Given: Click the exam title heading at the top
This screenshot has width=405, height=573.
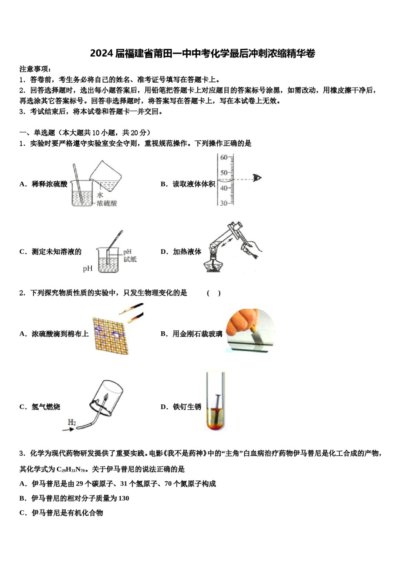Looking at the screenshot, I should [x=202, y=54].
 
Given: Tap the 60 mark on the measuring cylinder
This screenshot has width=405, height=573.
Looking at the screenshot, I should [x=224, y=158].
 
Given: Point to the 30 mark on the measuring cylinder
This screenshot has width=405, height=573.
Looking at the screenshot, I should [x=224, y=203].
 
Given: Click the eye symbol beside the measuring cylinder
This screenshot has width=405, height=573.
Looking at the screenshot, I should [x=257, y=178].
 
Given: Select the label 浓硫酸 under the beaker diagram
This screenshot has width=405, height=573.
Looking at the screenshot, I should [x=107, y=204].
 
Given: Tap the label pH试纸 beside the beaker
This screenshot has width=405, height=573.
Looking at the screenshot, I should [x=130, y=255].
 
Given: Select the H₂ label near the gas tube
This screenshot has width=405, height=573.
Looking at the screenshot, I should [x=72, y=422].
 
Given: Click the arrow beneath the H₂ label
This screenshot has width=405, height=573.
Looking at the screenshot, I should [x=68, y=429].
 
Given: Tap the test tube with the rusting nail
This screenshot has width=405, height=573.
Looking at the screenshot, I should [x=216, y=401].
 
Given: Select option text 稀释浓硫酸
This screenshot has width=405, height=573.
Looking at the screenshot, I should [x=49, y=184].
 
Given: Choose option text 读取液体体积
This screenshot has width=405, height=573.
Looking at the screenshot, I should [x=194, y=184].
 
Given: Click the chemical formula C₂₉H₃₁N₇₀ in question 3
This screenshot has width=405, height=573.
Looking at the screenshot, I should [x=72, y=469].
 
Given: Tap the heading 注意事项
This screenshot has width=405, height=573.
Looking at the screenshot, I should [x=36, y=69].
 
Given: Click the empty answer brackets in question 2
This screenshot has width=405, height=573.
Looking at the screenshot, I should [x=214, y=293].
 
